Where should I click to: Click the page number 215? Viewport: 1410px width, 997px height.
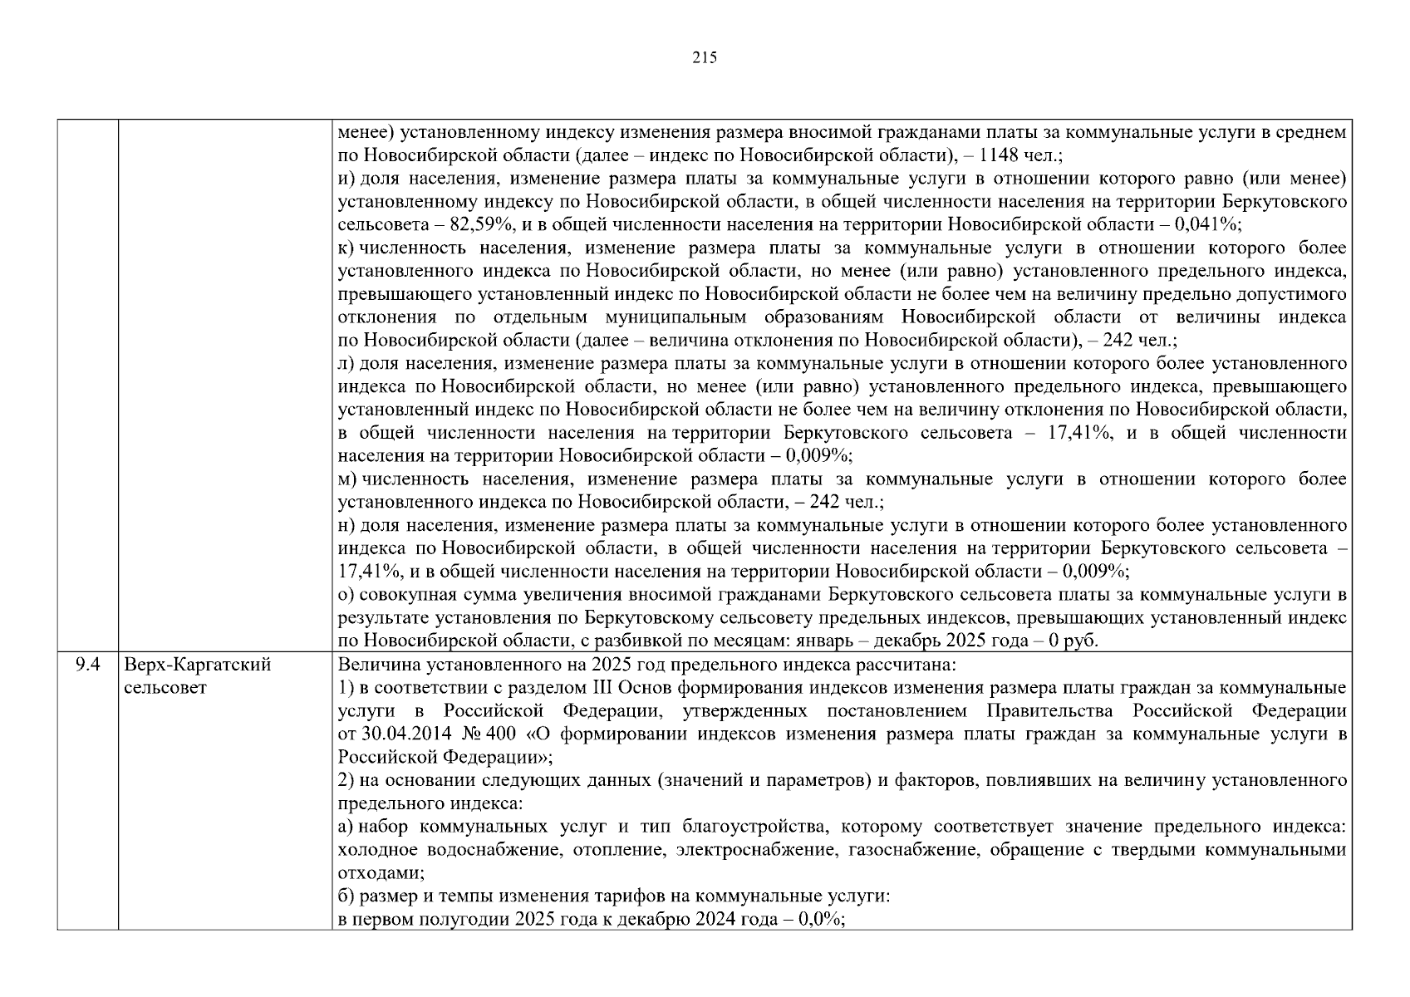pos(704,58)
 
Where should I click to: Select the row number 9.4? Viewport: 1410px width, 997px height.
pos(87,665)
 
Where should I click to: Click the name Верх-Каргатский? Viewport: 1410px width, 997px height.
pos(198,665)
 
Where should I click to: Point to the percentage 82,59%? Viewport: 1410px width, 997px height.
pos(478,224)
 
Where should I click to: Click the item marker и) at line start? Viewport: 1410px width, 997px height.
pos(346,179)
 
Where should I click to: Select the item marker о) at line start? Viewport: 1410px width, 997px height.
pos(346,595)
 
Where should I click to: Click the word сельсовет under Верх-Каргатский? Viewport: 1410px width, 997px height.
pos(165,688)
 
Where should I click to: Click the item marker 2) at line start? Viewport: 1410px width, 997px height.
pos(346,781)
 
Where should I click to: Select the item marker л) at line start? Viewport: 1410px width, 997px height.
pos(346,363)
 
